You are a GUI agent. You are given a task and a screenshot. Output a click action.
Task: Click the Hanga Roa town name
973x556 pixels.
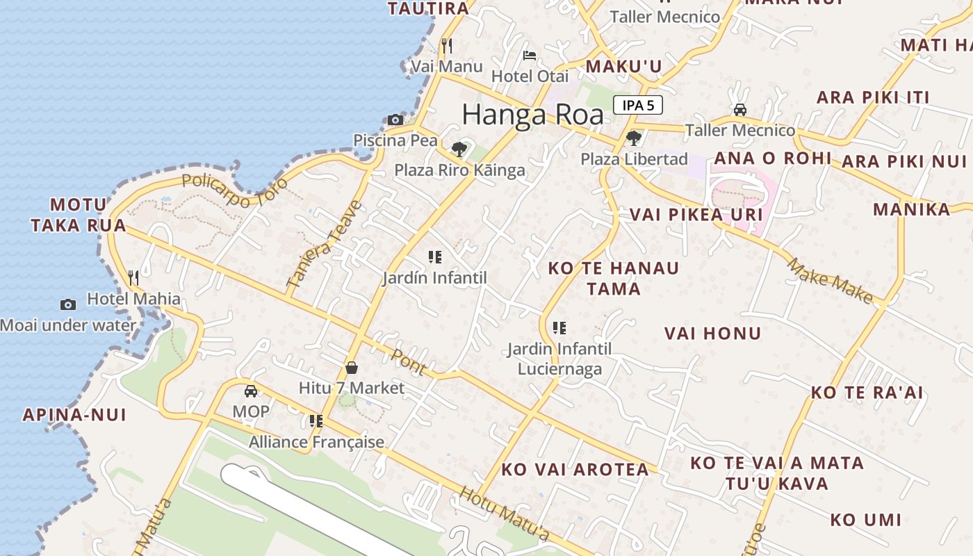coord(532,115)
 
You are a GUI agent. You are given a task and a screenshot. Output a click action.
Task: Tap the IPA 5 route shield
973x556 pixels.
coord(637,106)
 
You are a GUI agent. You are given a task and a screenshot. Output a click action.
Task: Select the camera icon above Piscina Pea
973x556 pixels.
coord(395,120)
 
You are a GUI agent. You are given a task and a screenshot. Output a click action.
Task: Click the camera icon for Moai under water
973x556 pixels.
coord(68,304)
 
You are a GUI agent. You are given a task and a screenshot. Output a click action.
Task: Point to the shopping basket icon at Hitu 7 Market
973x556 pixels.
coord(352,368)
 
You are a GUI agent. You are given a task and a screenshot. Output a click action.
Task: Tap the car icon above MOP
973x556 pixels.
coord(251,391)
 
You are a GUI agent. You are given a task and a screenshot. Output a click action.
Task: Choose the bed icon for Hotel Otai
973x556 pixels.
coord(530,56)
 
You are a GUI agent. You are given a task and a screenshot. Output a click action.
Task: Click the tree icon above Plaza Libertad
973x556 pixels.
coord(633,138)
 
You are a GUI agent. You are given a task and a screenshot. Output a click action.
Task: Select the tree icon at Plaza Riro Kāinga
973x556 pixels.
coord(459,149)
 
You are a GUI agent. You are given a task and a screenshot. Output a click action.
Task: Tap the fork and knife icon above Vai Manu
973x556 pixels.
coord(447,46)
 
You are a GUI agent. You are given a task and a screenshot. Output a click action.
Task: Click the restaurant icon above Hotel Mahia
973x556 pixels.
coord(133,278)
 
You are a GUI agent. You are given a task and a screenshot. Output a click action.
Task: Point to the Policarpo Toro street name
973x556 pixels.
coord(234,188)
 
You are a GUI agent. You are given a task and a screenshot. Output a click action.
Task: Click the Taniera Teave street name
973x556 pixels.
coord(325,245)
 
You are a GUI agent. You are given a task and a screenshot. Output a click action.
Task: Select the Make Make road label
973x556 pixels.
coord(830,280)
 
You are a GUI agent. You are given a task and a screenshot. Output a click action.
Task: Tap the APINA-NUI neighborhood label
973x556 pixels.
coord(74,415)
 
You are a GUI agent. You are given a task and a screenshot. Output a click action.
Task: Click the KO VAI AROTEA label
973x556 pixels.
coord(575,470)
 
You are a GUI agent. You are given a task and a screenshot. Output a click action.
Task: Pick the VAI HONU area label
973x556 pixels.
coord(712,334)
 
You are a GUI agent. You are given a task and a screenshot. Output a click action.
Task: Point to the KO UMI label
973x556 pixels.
coord(865,520)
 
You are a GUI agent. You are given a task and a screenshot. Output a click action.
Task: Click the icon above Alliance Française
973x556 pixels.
coord(316,421)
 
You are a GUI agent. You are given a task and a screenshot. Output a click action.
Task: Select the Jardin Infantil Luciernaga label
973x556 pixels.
coord(559,358)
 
